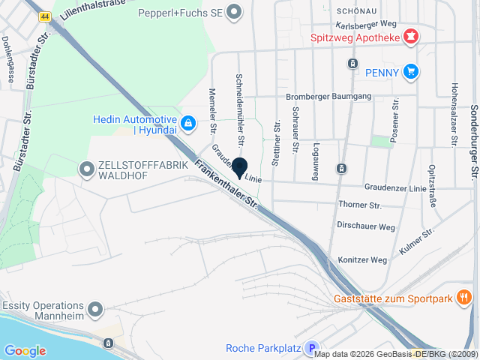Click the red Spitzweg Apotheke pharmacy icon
click(x=410, y=36)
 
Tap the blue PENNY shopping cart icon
click(x=409, y=72)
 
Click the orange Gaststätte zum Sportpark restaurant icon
click(x=464, y=298)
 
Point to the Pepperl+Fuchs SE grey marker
click(x=235, y=11)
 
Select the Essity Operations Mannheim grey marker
click(x=95, y=309)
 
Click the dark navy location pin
click(x=240, y=169)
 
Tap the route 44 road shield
click(x=46, y=16)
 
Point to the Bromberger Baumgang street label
click(x=328, y=97)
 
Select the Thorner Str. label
click(x=361, y=205)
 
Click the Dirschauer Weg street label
click(x=366, y=226)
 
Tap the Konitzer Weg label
click(x=362, y=260)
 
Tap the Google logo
click(x=25, y=350)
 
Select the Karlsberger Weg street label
click(x=367, y=25)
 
